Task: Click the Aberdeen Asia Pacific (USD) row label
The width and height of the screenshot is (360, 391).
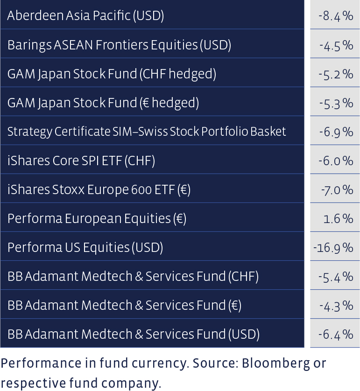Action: tap(85, 16)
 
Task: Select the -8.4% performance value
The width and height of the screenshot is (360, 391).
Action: tap(336, 16)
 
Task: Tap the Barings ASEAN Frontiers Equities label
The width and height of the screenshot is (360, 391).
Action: tap(119, 45)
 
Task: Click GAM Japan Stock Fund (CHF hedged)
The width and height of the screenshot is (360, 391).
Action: tap(112, 74)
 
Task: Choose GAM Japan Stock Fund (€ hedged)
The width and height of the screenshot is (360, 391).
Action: tap(103, 103)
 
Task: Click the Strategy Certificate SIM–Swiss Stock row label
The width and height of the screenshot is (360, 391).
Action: tap(147, 132)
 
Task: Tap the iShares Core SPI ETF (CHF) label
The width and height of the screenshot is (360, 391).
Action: tap(81, 161)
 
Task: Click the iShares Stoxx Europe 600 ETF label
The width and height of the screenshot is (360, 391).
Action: tap(99, 189)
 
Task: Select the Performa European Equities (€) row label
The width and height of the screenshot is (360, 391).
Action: tap(97, 218)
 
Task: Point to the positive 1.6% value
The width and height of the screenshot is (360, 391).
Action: tap(339, 219)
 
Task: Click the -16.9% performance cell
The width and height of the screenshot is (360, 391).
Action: tap(333, 248)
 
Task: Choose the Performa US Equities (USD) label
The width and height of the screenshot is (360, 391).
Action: tap(85, 247)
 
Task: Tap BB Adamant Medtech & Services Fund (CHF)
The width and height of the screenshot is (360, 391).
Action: tap(133, 276)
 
